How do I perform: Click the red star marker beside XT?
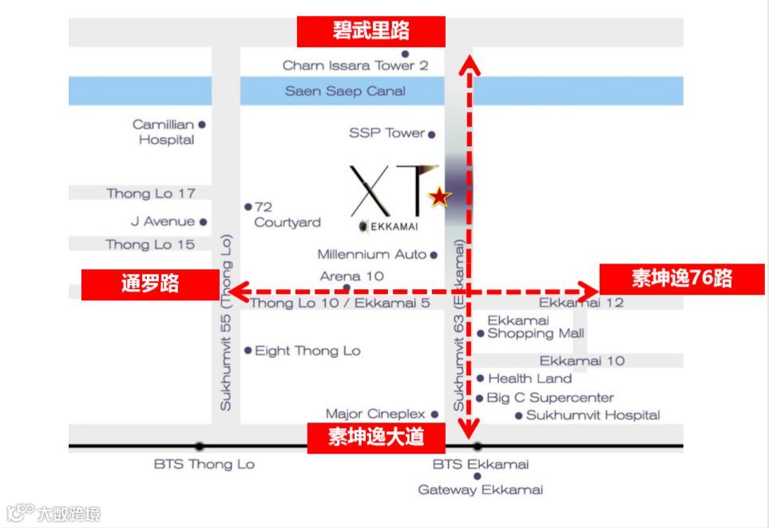point(438,197)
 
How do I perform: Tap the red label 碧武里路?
point(371,32)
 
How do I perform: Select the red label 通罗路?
point(150,284)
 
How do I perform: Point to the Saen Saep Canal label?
point(345,91)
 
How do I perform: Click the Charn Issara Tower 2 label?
point(355,66)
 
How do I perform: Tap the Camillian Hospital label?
point(164,132)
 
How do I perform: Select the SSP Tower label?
point(386,133)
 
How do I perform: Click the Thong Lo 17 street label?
point(151,193)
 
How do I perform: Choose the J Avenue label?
point(163,221)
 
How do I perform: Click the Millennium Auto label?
point(372,255)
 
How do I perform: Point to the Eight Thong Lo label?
point(307,351)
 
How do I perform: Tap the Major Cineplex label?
point(375,414)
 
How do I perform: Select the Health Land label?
point(529,379)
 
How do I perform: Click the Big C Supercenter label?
point(550,398)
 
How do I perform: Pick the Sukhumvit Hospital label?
point(593,415)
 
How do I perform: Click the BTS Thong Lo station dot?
point(199,447)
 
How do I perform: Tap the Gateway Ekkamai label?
point(481,490)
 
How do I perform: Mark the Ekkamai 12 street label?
point(581,303)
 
